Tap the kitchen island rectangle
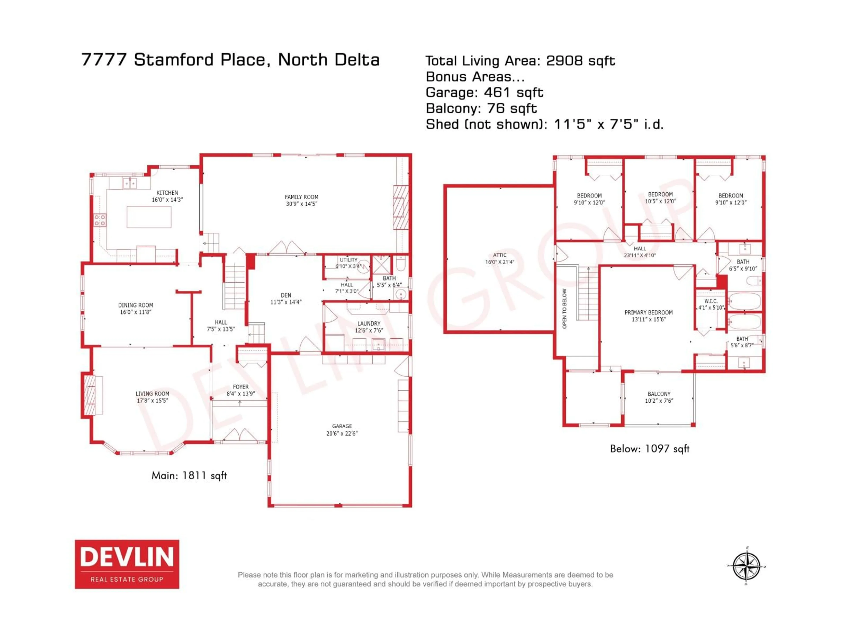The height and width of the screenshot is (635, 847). coord(149,217)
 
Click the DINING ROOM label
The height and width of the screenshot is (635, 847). coord(136,305)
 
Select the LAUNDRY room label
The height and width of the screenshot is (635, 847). coord(369,323)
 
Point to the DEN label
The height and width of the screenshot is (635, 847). coord(286,295)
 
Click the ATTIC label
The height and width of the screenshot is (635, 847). coord(500,255)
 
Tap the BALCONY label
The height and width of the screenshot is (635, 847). coord(659,394)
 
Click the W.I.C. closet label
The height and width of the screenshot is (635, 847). coord(711,301)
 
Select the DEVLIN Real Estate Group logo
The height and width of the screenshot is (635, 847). coord(127,564)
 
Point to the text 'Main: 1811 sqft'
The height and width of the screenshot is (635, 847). coord(189,475)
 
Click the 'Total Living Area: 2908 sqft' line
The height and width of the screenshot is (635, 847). coord(520,60)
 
